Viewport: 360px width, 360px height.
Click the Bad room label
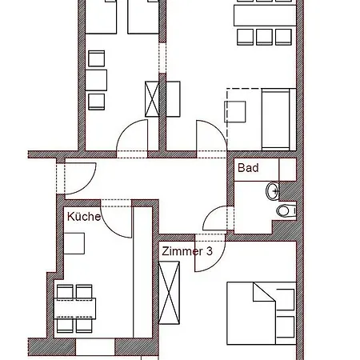tap(248, 168)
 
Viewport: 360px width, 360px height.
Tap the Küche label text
tap(84, 216)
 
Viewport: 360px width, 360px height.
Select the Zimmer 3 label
tap(187, 251)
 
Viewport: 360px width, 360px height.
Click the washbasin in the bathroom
tap(273, 190)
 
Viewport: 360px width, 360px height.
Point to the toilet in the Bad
tap(286, 211)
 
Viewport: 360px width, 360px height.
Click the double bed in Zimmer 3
tap(262, 314)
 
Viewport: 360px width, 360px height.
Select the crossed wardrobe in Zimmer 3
tap(169, 293)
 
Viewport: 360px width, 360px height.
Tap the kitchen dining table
tap(75, 309)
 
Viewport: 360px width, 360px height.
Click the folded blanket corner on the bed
tap(264, 292)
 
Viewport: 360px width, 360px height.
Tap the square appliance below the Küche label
tap(74, 243)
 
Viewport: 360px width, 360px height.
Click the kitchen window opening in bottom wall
tap(95, 347)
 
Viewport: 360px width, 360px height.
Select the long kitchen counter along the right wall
tap(142, 272)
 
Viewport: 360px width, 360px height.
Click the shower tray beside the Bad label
tap(287, 170)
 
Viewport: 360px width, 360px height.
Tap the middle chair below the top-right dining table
tap(264, 37)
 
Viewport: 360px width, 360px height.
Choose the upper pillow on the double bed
tap(286, 299)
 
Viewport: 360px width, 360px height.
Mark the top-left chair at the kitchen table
tap(65, 291)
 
